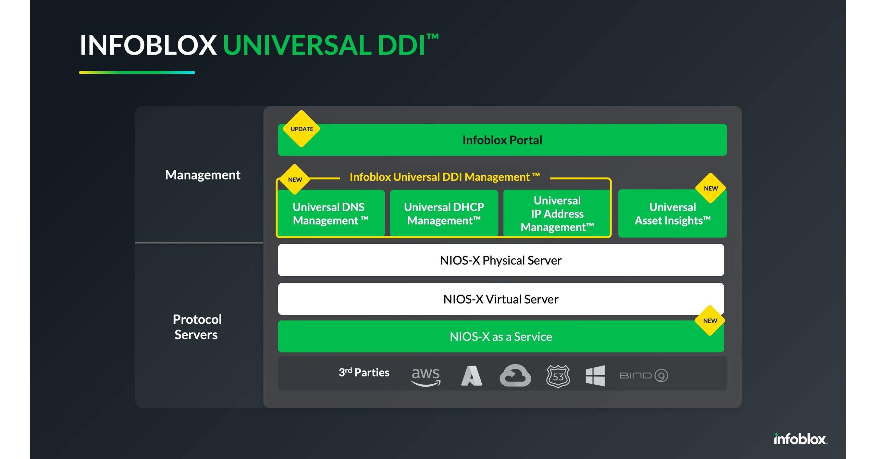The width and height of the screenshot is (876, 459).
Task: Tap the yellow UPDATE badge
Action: [301, 129]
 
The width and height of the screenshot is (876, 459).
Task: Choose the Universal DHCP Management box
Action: [444, 214]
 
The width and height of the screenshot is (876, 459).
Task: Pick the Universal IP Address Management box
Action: [557, 214]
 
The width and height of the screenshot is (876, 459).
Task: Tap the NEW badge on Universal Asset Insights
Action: [710, 188]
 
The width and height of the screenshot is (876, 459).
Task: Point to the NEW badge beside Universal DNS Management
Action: [295, 180]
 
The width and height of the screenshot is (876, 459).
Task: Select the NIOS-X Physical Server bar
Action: [500, 260]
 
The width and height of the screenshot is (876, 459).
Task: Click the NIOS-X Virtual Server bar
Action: [500, 299]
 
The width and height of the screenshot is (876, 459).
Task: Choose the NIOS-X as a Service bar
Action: [500, 337]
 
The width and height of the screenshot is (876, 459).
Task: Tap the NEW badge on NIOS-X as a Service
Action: [710, 321]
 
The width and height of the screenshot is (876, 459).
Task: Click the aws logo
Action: [426, 376]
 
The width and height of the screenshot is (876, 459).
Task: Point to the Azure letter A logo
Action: [471, 376]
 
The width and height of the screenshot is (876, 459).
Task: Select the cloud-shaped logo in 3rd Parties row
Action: [515, 376]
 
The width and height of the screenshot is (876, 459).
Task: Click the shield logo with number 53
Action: [558, 376]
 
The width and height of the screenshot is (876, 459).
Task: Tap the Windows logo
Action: [595, 376]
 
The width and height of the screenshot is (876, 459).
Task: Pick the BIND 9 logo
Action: [643, 376]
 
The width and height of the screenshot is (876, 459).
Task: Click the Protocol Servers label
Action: [197, 327]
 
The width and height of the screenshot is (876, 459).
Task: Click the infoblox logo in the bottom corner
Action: [800, 439]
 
